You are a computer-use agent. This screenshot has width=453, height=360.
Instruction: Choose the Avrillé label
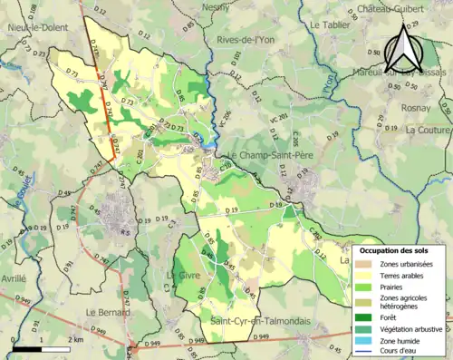[x=14, y=280]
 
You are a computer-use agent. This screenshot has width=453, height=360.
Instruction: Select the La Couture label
[x=429, y=130]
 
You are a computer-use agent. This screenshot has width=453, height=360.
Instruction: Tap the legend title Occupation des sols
[x=397, y=249]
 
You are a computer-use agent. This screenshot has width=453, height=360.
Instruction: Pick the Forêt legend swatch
[x=364, y=317]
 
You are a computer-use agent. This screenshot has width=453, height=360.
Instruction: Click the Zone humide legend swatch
[x=364, y=340]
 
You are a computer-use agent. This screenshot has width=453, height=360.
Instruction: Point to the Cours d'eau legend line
[x=364, y=351]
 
